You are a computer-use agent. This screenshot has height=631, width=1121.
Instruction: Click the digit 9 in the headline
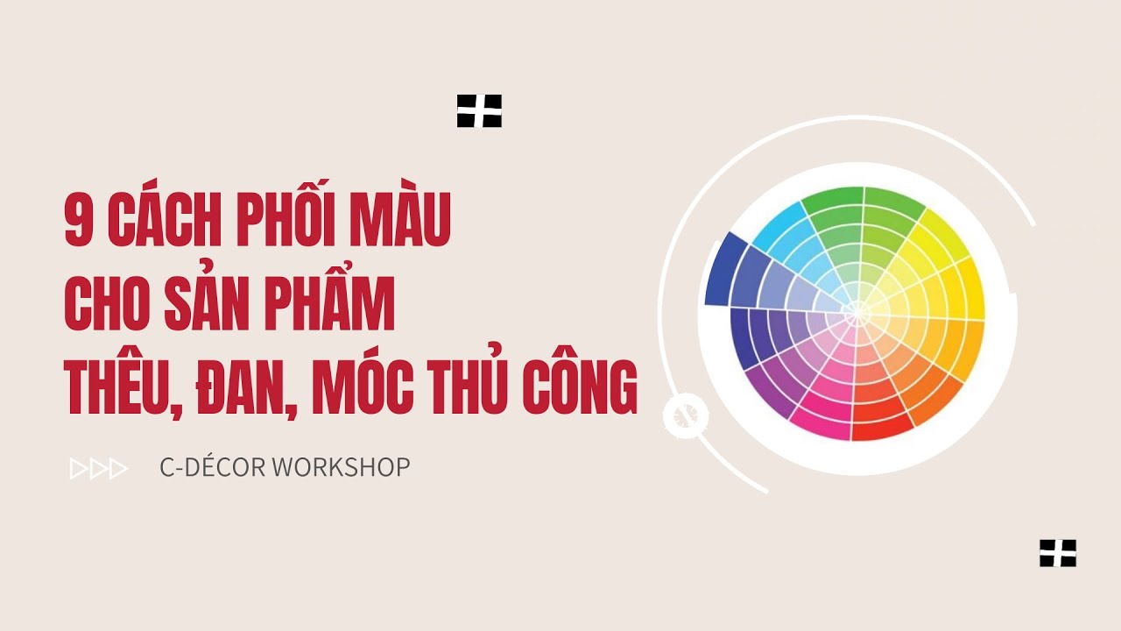80,223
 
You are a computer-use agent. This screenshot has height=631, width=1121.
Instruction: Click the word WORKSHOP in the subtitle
341,467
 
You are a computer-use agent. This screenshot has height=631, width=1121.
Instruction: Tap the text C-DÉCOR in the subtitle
212,467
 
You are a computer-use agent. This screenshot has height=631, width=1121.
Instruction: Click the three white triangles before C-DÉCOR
99,469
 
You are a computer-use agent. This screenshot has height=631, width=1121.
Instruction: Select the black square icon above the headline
479,111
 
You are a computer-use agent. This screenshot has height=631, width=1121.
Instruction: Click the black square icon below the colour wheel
1058,553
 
